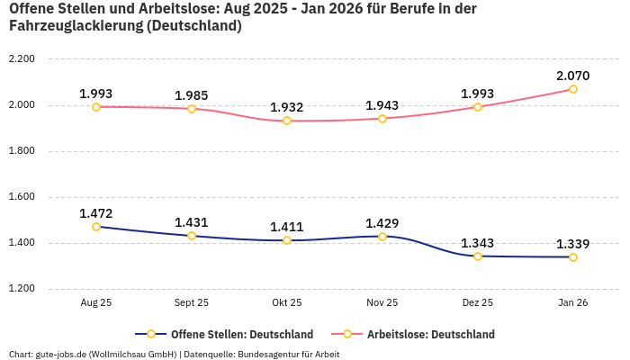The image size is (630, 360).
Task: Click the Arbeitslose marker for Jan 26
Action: click(572, 89)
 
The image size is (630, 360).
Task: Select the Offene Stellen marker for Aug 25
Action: click(96, 227)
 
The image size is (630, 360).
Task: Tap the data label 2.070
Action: click(572, 75)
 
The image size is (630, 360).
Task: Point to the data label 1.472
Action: click(96, 213)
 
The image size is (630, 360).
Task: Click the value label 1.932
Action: click(287, 107)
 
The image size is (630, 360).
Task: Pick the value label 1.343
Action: click(478, 243)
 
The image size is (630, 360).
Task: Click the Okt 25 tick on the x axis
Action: click(287, 303)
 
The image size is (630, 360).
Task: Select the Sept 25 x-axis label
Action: click(192, 303)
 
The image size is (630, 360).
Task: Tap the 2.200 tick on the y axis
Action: click(21, 59)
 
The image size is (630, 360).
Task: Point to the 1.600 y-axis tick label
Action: click(21, 197)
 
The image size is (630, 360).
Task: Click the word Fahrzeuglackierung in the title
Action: click(73, 26)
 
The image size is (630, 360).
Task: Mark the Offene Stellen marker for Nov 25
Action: click(382, 237)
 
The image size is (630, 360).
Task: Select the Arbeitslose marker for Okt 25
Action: click(287, 121)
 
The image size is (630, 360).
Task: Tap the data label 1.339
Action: click(572, 244)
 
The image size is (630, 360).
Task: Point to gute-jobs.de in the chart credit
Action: click(60, 354)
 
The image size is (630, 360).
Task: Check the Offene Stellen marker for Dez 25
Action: click(478, 256)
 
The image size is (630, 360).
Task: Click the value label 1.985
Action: click(192, 94)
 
